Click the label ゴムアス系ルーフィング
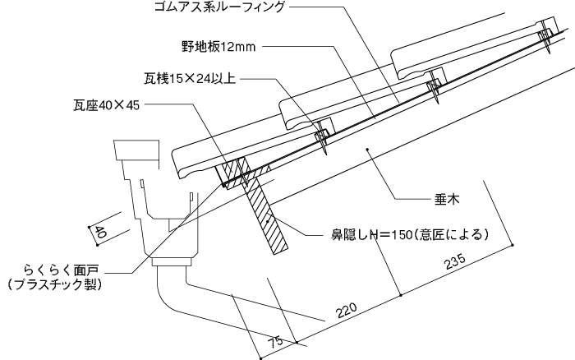tap(219, 7)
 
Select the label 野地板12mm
tap(218, 47)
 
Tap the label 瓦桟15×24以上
tap(189, 79)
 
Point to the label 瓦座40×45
tap(106, 106)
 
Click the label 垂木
tap(447, 199)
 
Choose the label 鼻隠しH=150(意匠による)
tap(410, 234)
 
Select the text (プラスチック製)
tap(54, 284)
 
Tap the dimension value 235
tap(455, 261)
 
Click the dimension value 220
tap(347, 311)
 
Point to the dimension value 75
tap(275, 342)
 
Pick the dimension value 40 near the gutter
tap(100, 233)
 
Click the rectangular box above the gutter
tap(137, 150)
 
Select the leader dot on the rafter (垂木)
tap(367, 149)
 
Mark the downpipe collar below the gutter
tap(172, 262)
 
